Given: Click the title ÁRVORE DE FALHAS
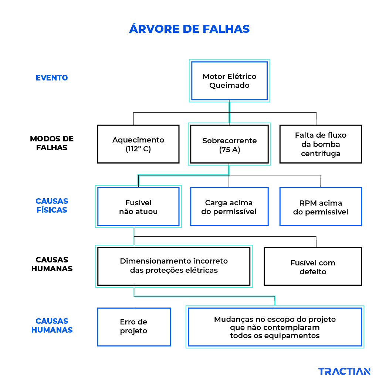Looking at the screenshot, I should pos(189,29).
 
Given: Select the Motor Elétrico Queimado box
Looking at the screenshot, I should pos(229,81).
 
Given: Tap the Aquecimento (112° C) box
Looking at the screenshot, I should pos(138,144).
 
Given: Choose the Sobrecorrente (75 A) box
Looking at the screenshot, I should pos(229,144).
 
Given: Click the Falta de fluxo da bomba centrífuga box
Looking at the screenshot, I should pos(321,144).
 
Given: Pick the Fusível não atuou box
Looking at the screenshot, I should pos(138,207).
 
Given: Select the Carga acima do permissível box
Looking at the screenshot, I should pos(229,207).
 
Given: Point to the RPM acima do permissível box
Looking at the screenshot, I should pos(321,207).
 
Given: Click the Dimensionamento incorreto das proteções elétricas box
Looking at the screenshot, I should pos(174,266).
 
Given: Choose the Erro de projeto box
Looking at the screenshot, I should pos(134,327).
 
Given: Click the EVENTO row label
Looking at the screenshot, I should pos(52,78).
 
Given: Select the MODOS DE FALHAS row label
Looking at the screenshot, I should pos(52,143).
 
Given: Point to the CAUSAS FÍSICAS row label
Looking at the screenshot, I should pos(52,206).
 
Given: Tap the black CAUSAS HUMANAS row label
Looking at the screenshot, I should pos(52,264).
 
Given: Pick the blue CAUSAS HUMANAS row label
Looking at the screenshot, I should pos(52,326).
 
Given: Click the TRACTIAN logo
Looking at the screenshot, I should pos(344,371).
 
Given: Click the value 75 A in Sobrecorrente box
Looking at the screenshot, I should pos(229,150).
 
